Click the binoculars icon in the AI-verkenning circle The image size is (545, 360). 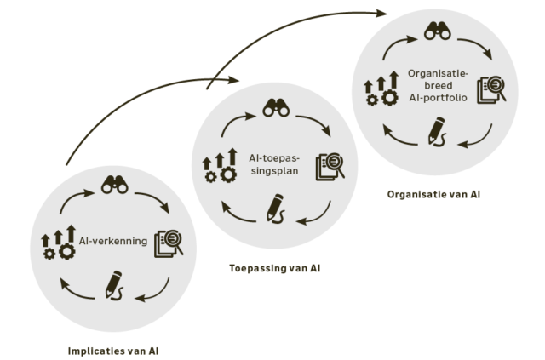[x=115, y=183]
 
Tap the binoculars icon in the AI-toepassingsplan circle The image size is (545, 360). [x=276, y=107]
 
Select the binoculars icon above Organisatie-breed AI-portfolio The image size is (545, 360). [x=437, y=32]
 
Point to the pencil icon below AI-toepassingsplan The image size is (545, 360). [x=276, y=208]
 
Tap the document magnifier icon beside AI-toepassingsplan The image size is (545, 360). [x=330, y=165]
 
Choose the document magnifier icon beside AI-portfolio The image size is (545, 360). [x=491, y=89]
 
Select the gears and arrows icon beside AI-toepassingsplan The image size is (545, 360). [x=220, y=166]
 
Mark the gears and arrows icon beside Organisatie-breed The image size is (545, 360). [x=381, y=89]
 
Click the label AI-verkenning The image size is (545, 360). [x=114, y=241]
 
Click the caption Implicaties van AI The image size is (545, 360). [x=113, y=350]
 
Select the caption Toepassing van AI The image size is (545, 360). [x=274, y=268]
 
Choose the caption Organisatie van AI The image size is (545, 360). [x=433, y=194]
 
